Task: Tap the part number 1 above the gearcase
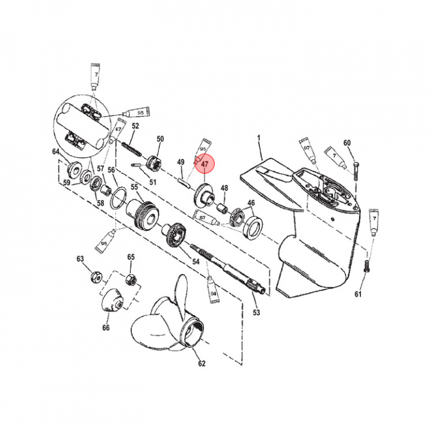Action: (x=260, y=145)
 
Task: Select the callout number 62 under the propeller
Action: (x=201, y=363)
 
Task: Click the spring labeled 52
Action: (x=130, y=147)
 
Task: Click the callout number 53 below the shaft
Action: (x=256, y=313)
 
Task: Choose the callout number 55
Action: (x=135, y=187)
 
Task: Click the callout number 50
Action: (x=160, y=140)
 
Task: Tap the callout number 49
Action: (x=180, y=162)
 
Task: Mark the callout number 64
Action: (x=56, y=152)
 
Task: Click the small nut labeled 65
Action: (x=129, y=280)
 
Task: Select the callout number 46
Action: (x=251, y=203)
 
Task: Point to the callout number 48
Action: (x=224, y=188)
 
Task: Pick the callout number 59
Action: (x=67, y=182)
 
